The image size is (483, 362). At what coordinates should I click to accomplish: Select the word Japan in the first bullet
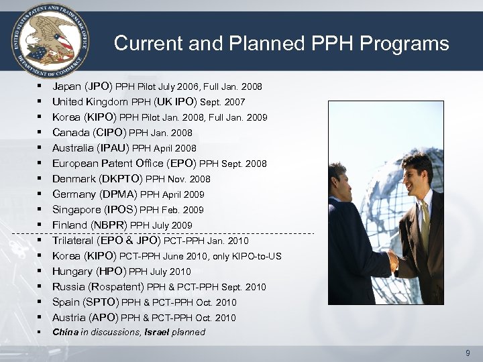coord(67,86)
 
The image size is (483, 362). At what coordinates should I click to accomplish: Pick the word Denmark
coord(73,179)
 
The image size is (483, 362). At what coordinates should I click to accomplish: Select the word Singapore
coord(74,210)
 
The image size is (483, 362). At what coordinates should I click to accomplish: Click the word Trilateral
coord(72,241)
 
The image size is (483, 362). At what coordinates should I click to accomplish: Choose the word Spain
coord(65,302)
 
